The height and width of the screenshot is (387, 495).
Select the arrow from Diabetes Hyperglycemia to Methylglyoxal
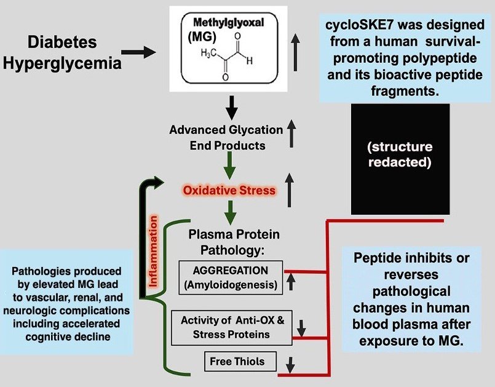(140, 53)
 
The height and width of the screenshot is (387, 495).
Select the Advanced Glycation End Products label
(226, 138)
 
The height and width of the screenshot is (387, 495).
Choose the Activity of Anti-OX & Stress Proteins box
(230, 327)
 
